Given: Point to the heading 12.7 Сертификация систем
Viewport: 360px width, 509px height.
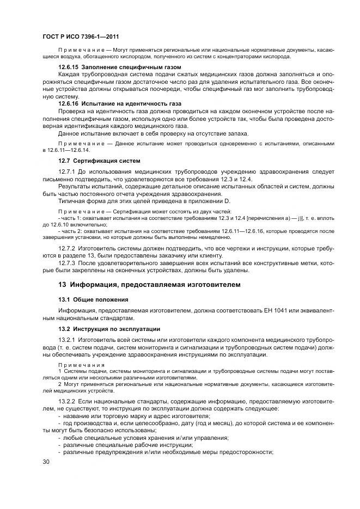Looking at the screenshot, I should click(100, 161).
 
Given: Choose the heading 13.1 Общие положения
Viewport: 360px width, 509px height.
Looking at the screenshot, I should click(93, 299).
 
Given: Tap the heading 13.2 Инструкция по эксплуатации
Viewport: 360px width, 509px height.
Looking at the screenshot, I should click(109, 329).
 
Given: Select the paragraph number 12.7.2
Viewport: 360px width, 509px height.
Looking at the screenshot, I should click(66, 248).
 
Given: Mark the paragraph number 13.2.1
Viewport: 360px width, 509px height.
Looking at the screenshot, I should click(66, 340).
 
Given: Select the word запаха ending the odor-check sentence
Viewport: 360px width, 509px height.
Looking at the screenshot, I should click(234, 133).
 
